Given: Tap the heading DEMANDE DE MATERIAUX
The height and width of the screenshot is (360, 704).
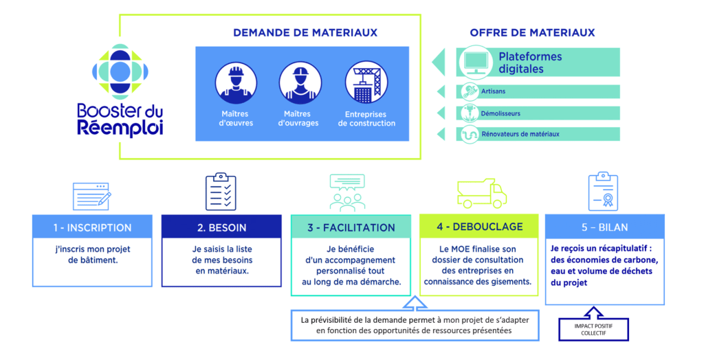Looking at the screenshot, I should coord(305,32).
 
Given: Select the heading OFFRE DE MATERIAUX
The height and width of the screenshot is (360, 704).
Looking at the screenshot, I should coord(532,32).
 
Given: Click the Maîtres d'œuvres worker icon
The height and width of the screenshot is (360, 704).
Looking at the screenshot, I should coord(236,84).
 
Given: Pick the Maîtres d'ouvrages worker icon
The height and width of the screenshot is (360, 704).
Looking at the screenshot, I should coord(300,84).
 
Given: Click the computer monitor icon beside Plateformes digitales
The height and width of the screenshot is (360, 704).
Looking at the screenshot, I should coord(475,63).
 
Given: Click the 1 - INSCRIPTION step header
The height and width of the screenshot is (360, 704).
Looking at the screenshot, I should coord(92,227).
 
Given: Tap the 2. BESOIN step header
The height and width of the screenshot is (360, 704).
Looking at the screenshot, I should coord(221,227).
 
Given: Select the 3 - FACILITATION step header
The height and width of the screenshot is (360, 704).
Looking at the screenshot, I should coord(351,227).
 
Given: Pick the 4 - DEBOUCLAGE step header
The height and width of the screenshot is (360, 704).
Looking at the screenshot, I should coord(480,227).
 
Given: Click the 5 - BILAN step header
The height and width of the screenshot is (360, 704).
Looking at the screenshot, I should coord(604,227).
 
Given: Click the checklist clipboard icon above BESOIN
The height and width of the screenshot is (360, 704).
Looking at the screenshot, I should coord(221,192).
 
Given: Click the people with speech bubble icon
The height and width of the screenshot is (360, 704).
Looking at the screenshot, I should coord(347,192).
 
